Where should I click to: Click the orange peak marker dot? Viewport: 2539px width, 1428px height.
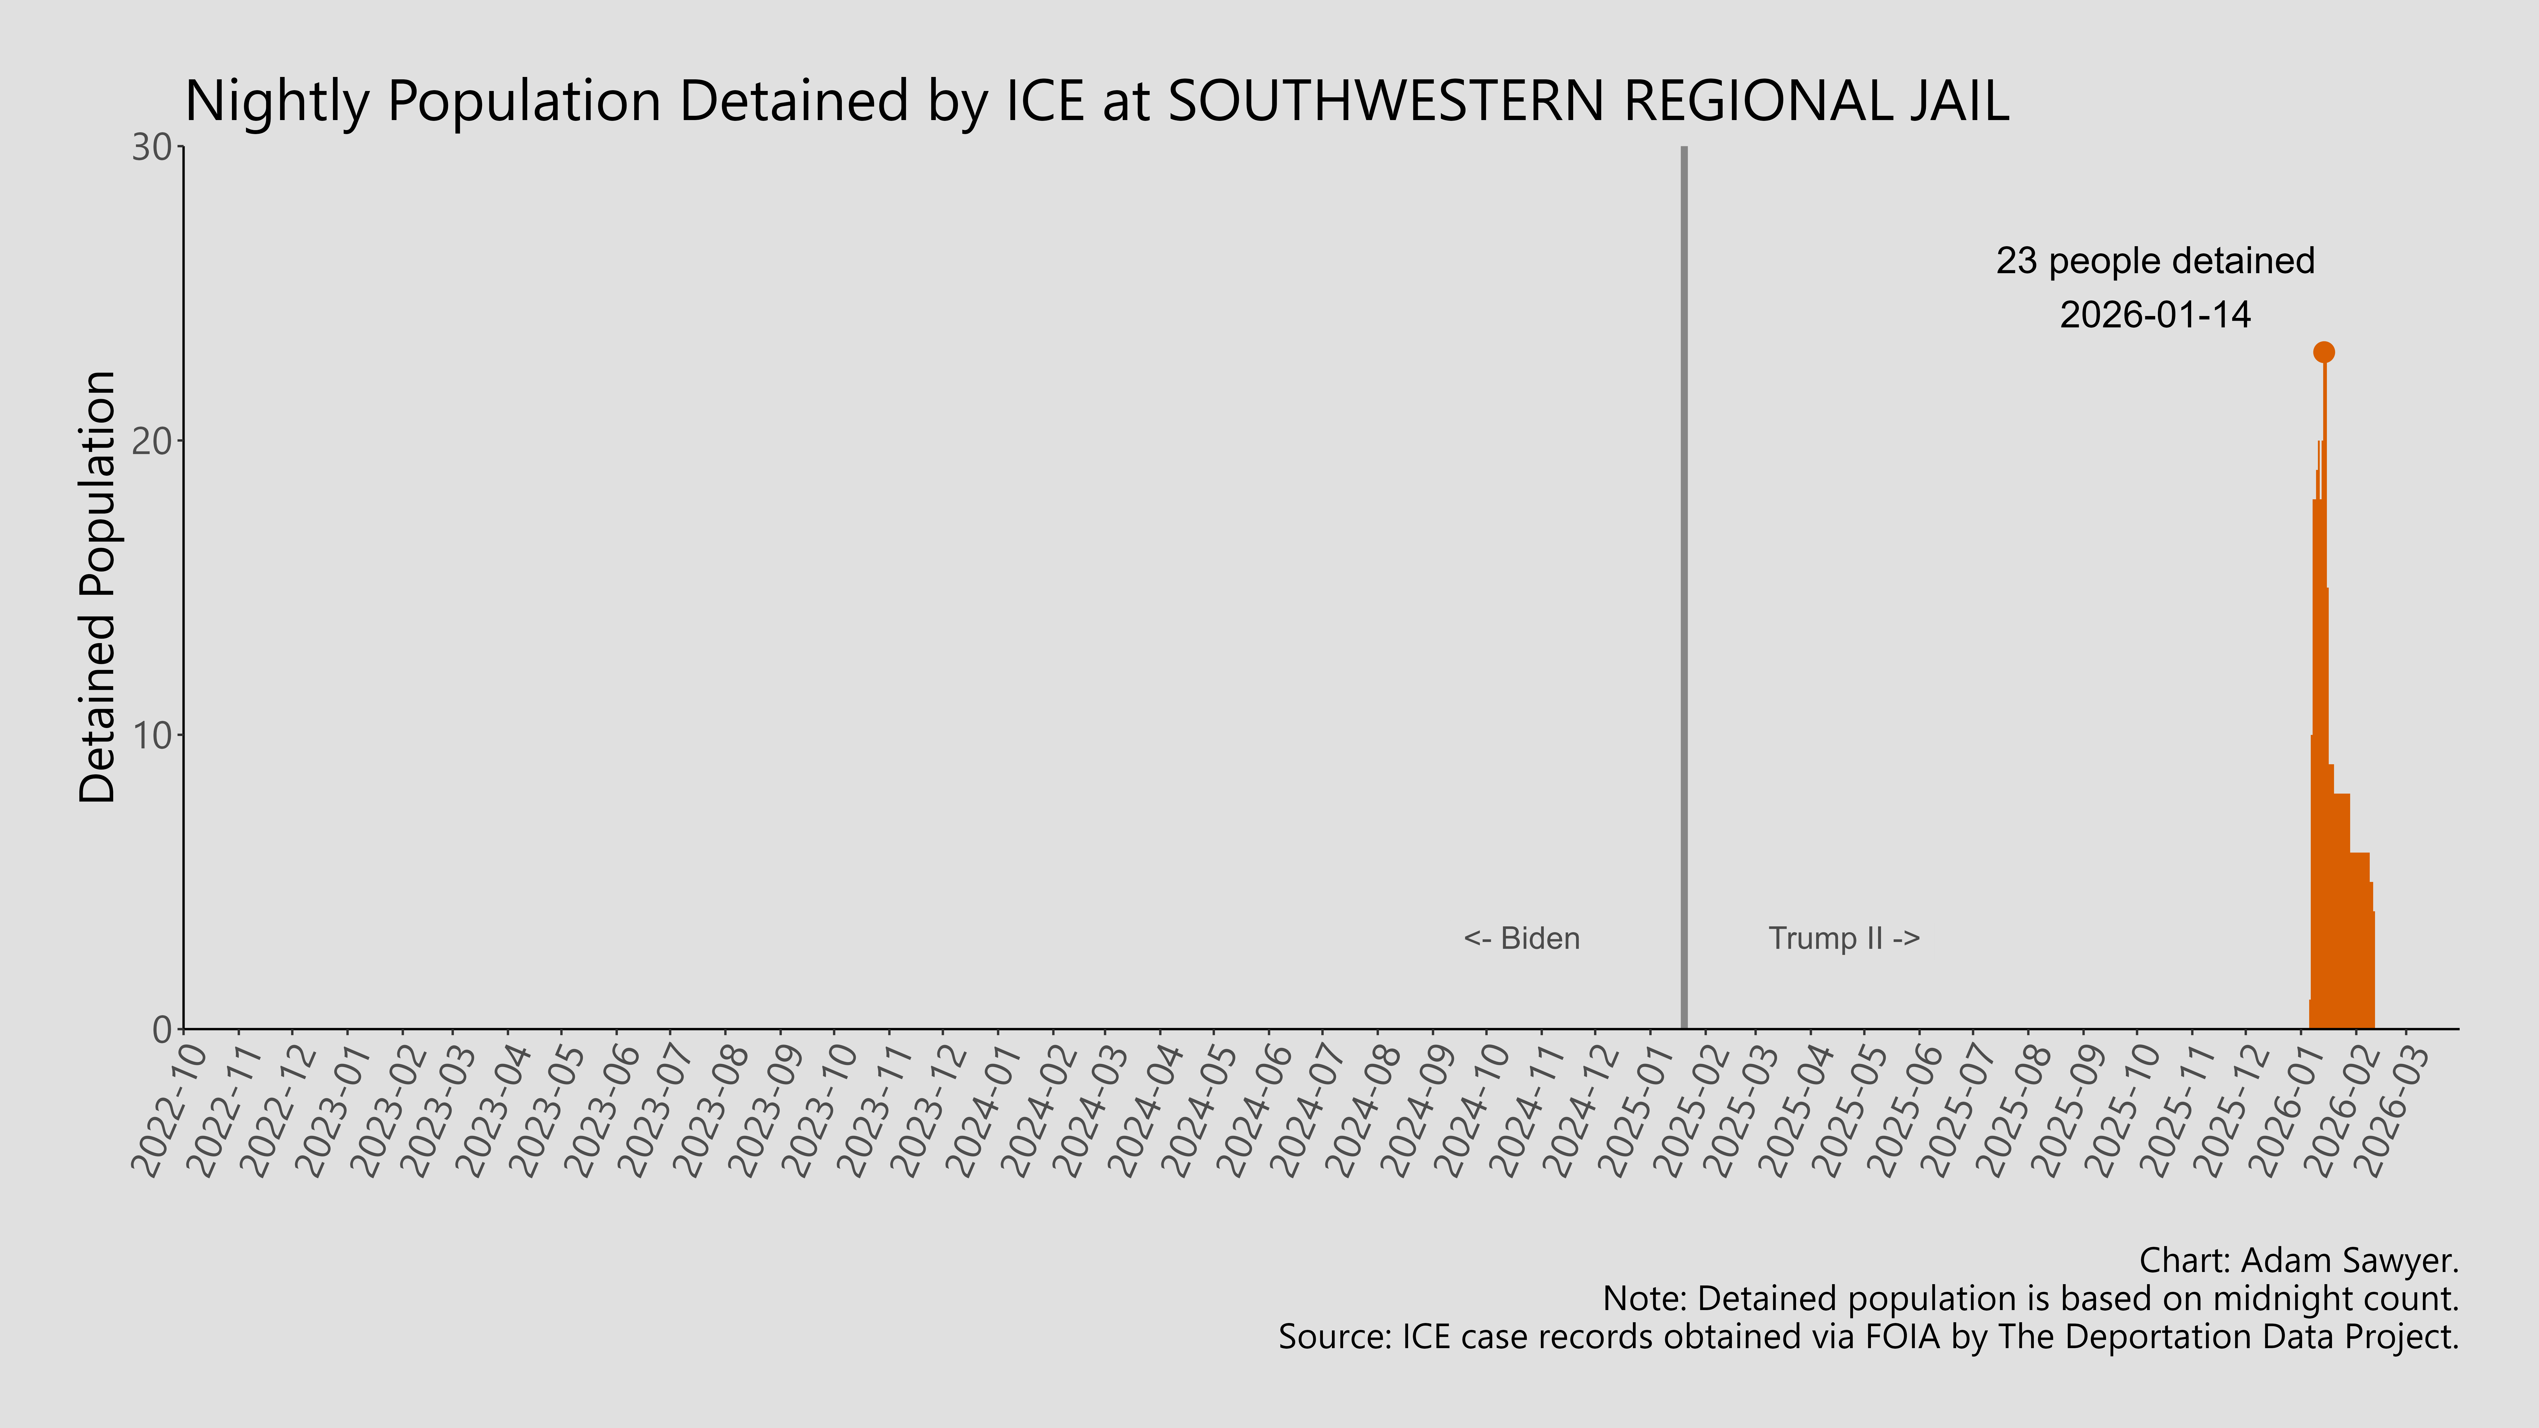tap(2323, 352)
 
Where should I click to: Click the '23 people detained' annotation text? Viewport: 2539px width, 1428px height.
tap(2155, 261)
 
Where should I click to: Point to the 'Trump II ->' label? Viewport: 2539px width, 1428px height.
tap(1843, 938)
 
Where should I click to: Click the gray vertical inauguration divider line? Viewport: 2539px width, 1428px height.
tap(1683, 591)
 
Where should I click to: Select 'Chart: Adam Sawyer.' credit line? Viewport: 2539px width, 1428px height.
tap(2299, 1260)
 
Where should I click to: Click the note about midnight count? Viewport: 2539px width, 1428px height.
tap(2030, 1299)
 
